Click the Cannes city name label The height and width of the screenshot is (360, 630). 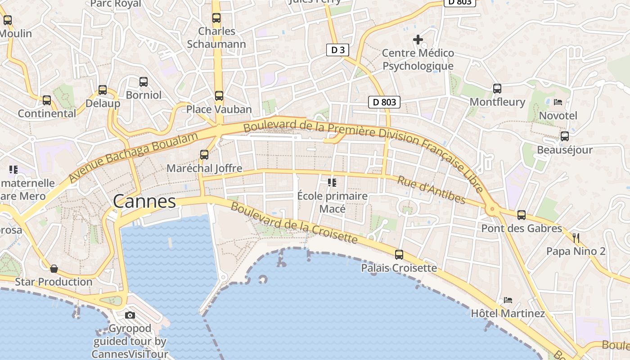click(144, 201)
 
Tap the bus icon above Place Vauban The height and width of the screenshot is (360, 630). click(219, 95)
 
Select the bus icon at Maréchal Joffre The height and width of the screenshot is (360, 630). click(204, 154)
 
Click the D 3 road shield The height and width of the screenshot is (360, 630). click(337, 50)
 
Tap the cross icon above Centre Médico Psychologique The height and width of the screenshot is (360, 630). click(418, 40)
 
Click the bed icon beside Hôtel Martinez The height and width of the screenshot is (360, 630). click(508, 300)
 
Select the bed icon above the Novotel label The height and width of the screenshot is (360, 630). click(558, 102)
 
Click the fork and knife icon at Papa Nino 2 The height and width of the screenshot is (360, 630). click(576, 238)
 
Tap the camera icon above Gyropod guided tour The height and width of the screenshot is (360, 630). click(130, 315)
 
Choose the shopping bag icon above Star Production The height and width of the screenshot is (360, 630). click(54, 269)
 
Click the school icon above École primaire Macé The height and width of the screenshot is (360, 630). click(332, 182)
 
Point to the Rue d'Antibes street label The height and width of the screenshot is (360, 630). click(431, 189)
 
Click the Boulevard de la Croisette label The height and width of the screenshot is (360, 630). click(294, 223)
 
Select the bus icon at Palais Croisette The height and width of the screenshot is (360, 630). click(399, 255)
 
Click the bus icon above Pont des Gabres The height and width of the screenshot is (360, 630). click(522, 215)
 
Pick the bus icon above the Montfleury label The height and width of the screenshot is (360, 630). click(497, 89)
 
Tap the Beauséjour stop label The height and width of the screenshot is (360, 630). click(565, 150)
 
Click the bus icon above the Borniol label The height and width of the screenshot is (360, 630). click(144, 82)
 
